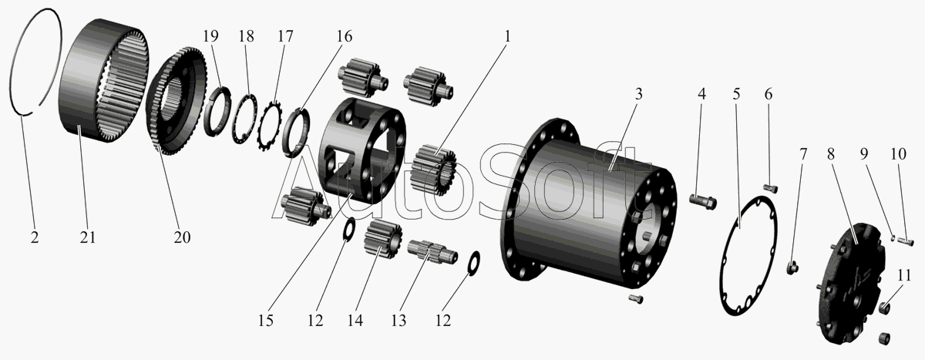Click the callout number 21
click(88, 237)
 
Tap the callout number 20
click(182, 237)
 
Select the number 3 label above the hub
click(638, 94)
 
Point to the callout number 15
click(266, 321)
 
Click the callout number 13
click(399, 321)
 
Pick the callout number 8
click(830, 154)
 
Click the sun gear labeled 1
click(433, 170)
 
